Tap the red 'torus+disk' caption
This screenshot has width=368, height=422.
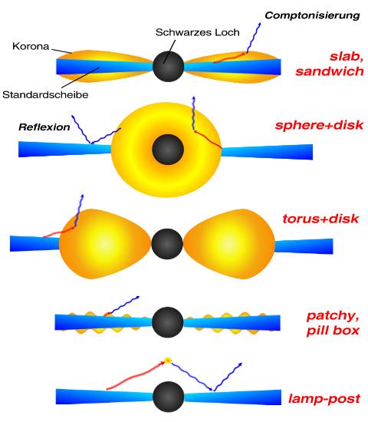(320, 219)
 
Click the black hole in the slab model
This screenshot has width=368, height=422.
(167, 66)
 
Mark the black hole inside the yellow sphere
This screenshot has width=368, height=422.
(166, 147)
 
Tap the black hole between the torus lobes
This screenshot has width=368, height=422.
(168, 245)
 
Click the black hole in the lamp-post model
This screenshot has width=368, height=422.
(167, 397)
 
